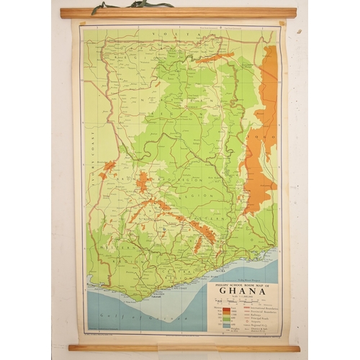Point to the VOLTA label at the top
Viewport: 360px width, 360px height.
click(x=169, y=32)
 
